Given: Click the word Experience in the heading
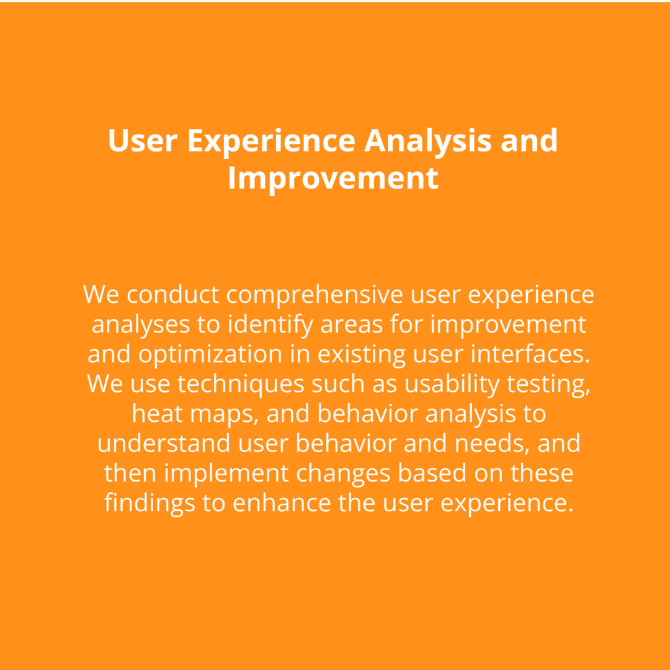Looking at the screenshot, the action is coord(271,141).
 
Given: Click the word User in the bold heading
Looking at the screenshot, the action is coord(143,141).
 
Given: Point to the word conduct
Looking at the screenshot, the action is coord(172,295).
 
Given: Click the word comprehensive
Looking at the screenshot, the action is coord(315,295).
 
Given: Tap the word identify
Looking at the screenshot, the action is coord(270,325).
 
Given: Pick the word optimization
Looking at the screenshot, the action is coord(210,355).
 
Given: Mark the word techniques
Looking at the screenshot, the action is coord(241,384).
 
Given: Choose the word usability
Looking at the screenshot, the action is coord(452,385).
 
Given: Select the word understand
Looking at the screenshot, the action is coord(164,444).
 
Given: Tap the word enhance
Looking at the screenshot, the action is coord(282,503).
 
